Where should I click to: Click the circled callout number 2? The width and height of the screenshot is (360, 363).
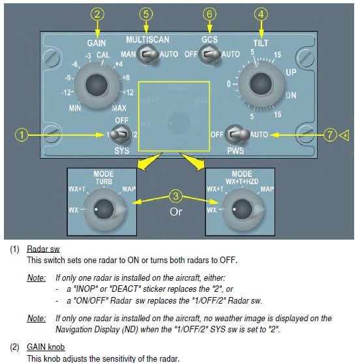pyautogui.click(x=97, y=14)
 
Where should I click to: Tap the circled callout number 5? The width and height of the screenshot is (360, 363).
pyautogui.click(x=146, y=14)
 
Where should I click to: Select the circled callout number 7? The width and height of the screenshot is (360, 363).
pyautogui.click(x=330, y=134)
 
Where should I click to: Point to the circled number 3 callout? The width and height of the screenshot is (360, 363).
pyautogui.click(x=175, y=196)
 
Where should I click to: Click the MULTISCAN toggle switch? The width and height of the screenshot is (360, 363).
pyautogui.click(x=148, y=55)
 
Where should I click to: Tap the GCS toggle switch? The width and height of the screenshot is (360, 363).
pyautogui.click(x=210, y=55)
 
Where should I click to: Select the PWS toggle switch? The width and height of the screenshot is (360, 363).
pyautogui.click(x=237, y=134)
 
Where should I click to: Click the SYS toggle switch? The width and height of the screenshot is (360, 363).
pyautogui.click(x=120, y=134)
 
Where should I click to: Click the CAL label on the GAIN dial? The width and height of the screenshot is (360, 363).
pyautogui.click(x=103, y=55)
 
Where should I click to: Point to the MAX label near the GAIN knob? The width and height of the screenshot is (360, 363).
pyautogui.click(x=119, y=108)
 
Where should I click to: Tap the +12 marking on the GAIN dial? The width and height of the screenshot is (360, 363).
pyautogui.click(x=128, y=92)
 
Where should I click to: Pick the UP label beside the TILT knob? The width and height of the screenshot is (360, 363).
pyautogui.click(x=291, y=72)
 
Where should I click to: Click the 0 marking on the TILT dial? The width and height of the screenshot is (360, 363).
pyautogui.click(x=228, y=84)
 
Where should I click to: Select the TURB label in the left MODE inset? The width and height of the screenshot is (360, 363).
pyautogui.click(x=104, y=181)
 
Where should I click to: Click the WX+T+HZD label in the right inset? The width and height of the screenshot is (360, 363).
pyautogui.click(x=242, y=181)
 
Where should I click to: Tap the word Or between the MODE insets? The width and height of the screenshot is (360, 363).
pyautogui.click(x=175, y=212)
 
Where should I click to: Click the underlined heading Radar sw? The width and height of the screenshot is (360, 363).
pyautogui.click(x=43, y=249)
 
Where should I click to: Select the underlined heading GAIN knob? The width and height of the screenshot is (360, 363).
pyautogui.click(x=46, y=347)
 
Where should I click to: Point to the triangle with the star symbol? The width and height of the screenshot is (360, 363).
pyautogui.click(x=344, y=135)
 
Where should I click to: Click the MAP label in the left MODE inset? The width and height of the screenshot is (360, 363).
pyautogui.click(x=128, y=189)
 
